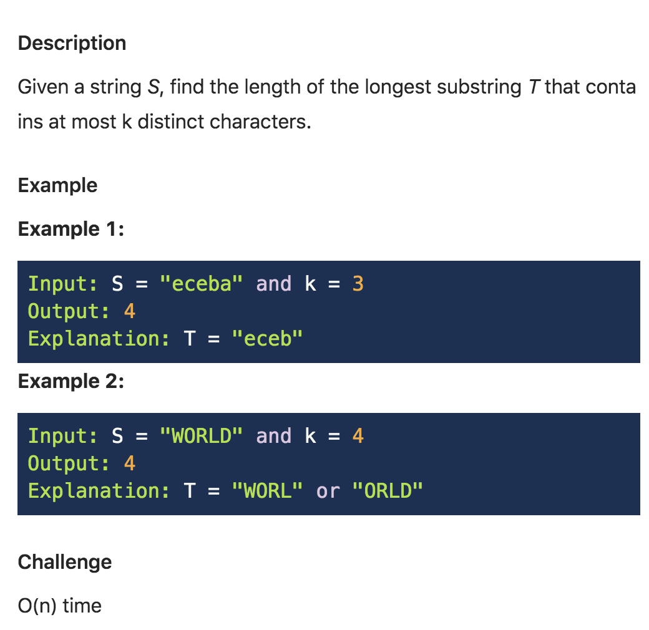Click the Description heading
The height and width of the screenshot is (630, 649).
coord(72,43)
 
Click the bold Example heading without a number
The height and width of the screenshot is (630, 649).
coord(57,185)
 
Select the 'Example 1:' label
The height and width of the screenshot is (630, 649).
coord(71,229)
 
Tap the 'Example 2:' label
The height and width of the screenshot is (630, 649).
coord(71,381)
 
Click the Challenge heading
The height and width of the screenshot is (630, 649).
coord(65,562)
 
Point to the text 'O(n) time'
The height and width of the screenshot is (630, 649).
coord(59,605)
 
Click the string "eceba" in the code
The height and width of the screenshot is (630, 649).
coord(200,284)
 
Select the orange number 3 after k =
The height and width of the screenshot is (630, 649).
coord(358,284)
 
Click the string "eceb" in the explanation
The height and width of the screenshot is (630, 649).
coord(266,339)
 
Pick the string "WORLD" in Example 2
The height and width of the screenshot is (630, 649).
coord(200,436)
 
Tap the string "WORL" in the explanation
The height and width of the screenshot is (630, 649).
coord(266,491)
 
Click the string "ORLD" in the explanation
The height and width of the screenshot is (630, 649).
coord(388,491)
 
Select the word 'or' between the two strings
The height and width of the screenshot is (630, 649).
coord(328,491)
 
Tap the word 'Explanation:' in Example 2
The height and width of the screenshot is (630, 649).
coord(99,491)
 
